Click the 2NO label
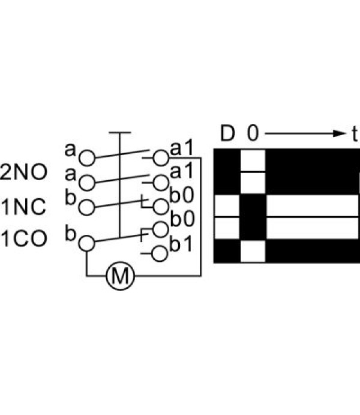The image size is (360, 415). (23, 172)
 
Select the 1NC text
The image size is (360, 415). (23, 207)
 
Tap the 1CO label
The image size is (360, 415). (24, 238)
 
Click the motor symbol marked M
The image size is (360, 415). (121, 276)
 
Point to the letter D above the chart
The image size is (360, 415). (227, 133)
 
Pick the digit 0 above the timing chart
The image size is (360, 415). (253, 133)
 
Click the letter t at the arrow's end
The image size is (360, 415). (355, 134)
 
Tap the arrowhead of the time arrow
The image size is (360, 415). (340, 133)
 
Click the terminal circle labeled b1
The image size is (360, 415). (160, 254)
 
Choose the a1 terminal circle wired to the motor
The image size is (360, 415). (161, 158)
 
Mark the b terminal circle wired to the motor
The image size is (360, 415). (86, 243)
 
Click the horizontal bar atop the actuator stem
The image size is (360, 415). (120, 132)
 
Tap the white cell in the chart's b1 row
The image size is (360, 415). (253, 251)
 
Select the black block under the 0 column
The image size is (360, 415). (253, 217)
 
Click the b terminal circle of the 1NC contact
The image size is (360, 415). (86, 208)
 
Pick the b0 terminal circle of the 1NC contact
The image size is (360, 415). (161, 207)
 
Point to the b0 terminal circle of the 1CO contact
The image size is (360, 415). (160, 229)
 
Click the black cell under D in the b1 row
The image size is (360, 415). (227, 251)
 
